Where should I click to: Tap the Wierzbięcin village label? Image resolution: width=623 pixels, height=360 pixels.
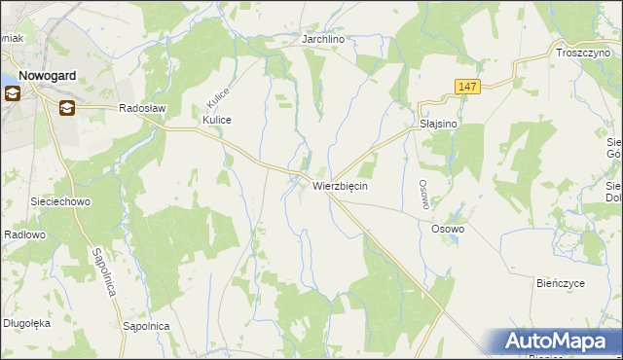[340, 185]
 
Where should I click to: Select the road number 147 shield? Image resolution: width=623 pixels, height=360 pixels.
[467, 88]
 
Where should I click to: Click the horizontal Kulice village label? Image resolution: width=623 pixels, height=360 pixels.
[216, 120]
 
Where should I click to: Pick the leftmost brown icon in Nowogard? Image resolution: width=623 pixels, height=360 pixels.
[13, 94]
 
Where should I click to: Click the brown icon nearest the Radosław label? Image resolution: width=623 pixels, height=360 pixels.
[66, 107]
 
